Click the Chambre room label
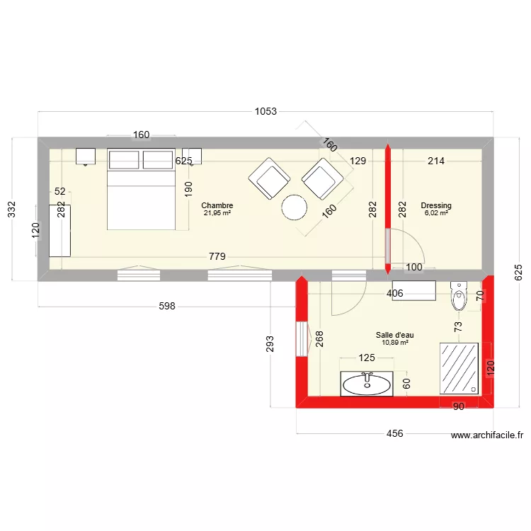click(217, 205)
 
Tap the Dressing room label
click(436, 205)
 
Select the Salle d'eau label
click(394, 335)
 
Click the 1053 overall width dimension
click(265, 111)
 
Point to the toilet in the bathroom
click(459, 296)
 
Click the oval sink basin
click(367, 385)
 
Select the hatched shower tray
click(459, 368)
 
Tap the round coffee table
click(295, 207)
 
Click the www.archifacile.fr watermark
click(487, 435)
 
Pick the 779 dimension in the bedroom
click(217, 256)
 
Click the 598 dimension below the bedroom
click(167, 306)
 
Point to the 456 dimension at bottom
click(394, 433)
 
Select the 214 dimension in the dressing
click(436, 161)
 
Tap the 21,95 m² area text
click(217, 213)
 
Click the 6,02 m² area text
click(436, 213)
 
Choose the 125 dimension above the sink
click(367, 358)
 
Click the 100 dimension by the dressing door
click(414, 267)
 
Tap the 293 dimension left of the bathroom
click(270, 343)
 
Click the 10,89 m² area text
click(395, 343)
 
